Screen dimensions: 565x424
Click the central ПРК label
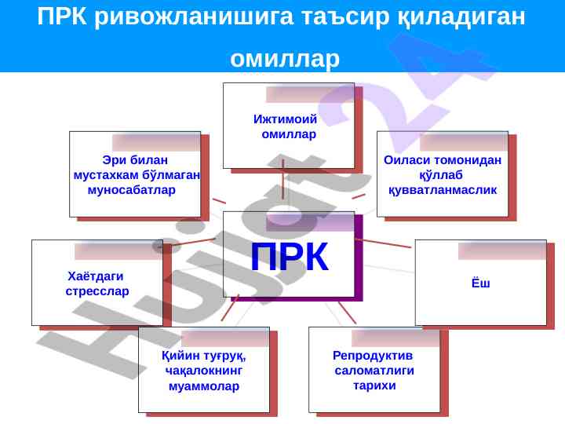[x=290, y=257]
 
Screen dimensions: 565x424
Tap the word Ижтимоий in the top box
[x=285, y=119]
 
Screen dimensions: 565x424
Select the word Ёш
[x=481, y=283]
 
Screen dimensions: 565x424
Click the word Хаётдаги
[x=96, y=276]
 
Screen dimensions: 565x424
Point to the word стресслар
[x=97, y=291]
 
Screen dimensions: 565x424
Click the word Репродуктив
[x=373, y=356]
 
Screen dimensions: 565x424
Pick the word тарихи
[x=374, y=386]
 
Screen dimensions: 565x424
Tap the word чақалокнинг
[x=204, y=371]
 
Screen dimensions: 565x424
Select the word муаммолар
[x=204, y=386]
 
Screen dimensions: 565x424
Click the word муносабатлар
[x=132, y=190]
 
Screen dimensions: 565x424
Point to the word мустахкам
[x=106, y=175]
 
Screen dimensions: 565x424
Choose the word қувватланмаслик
[x=443, y=190]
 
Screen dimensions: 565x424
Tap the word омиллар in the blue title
[x=285, y=58]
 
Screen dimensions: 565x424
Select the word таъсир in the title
[x=345, y=16]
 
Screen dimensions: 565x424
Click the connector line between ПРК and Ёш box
[x=384, y=243]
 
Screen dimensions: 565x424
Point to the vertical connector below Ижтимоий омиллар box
[x=282, y=179]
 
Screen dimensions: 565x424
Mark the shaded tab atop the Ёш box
[x=502, y=251]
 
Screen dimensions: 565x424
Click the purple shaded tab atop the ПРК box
[x=310, y=222]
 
